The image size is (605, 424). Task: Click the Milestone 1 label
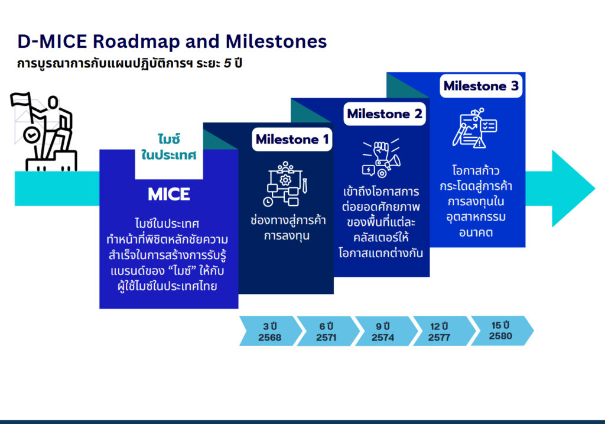(x=292, y=140)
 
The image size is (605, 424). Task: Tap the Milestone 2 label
(x=385, y=114)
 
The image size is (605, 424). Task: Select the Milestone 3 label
(x=481, y=86)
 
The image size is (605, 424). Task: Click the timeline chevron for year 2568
(x=269, y=331)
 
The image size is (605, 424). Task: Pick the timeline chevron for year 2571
(x=326, y=331)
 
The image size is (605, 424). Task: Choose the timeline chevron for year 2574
(x=383, y=331)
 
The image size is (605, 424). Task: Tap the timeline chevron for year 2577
(x=440, y=331)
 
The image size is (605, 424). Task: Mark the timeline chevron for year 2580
(x=500, y=331)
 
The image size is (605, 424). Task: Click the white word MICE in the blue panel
(x=169, y=194)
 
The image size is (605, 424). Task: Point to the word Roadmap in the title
(x=136, y=41)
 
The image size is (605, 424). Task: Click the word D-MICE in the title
(x=53, y=41)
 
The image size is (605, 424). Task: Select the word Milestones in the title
(x=276, y=41)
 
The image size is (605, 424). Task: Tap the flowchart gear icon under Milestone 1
(x=285, y=184)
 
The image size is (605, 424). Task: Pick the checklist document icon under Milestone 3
(x=474, y=128)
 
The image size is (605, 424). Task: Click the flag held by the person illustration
(x=21, y=99)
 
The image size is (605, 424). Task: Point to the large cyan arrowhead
(x=573, y=189)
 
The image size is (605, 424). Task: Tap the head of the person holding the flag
(x=53, y=102)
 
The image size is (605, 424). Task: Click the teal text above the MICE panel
(x=168, y=147)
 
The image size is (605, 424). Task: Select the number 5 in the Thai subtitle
(x=227, y=63)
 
